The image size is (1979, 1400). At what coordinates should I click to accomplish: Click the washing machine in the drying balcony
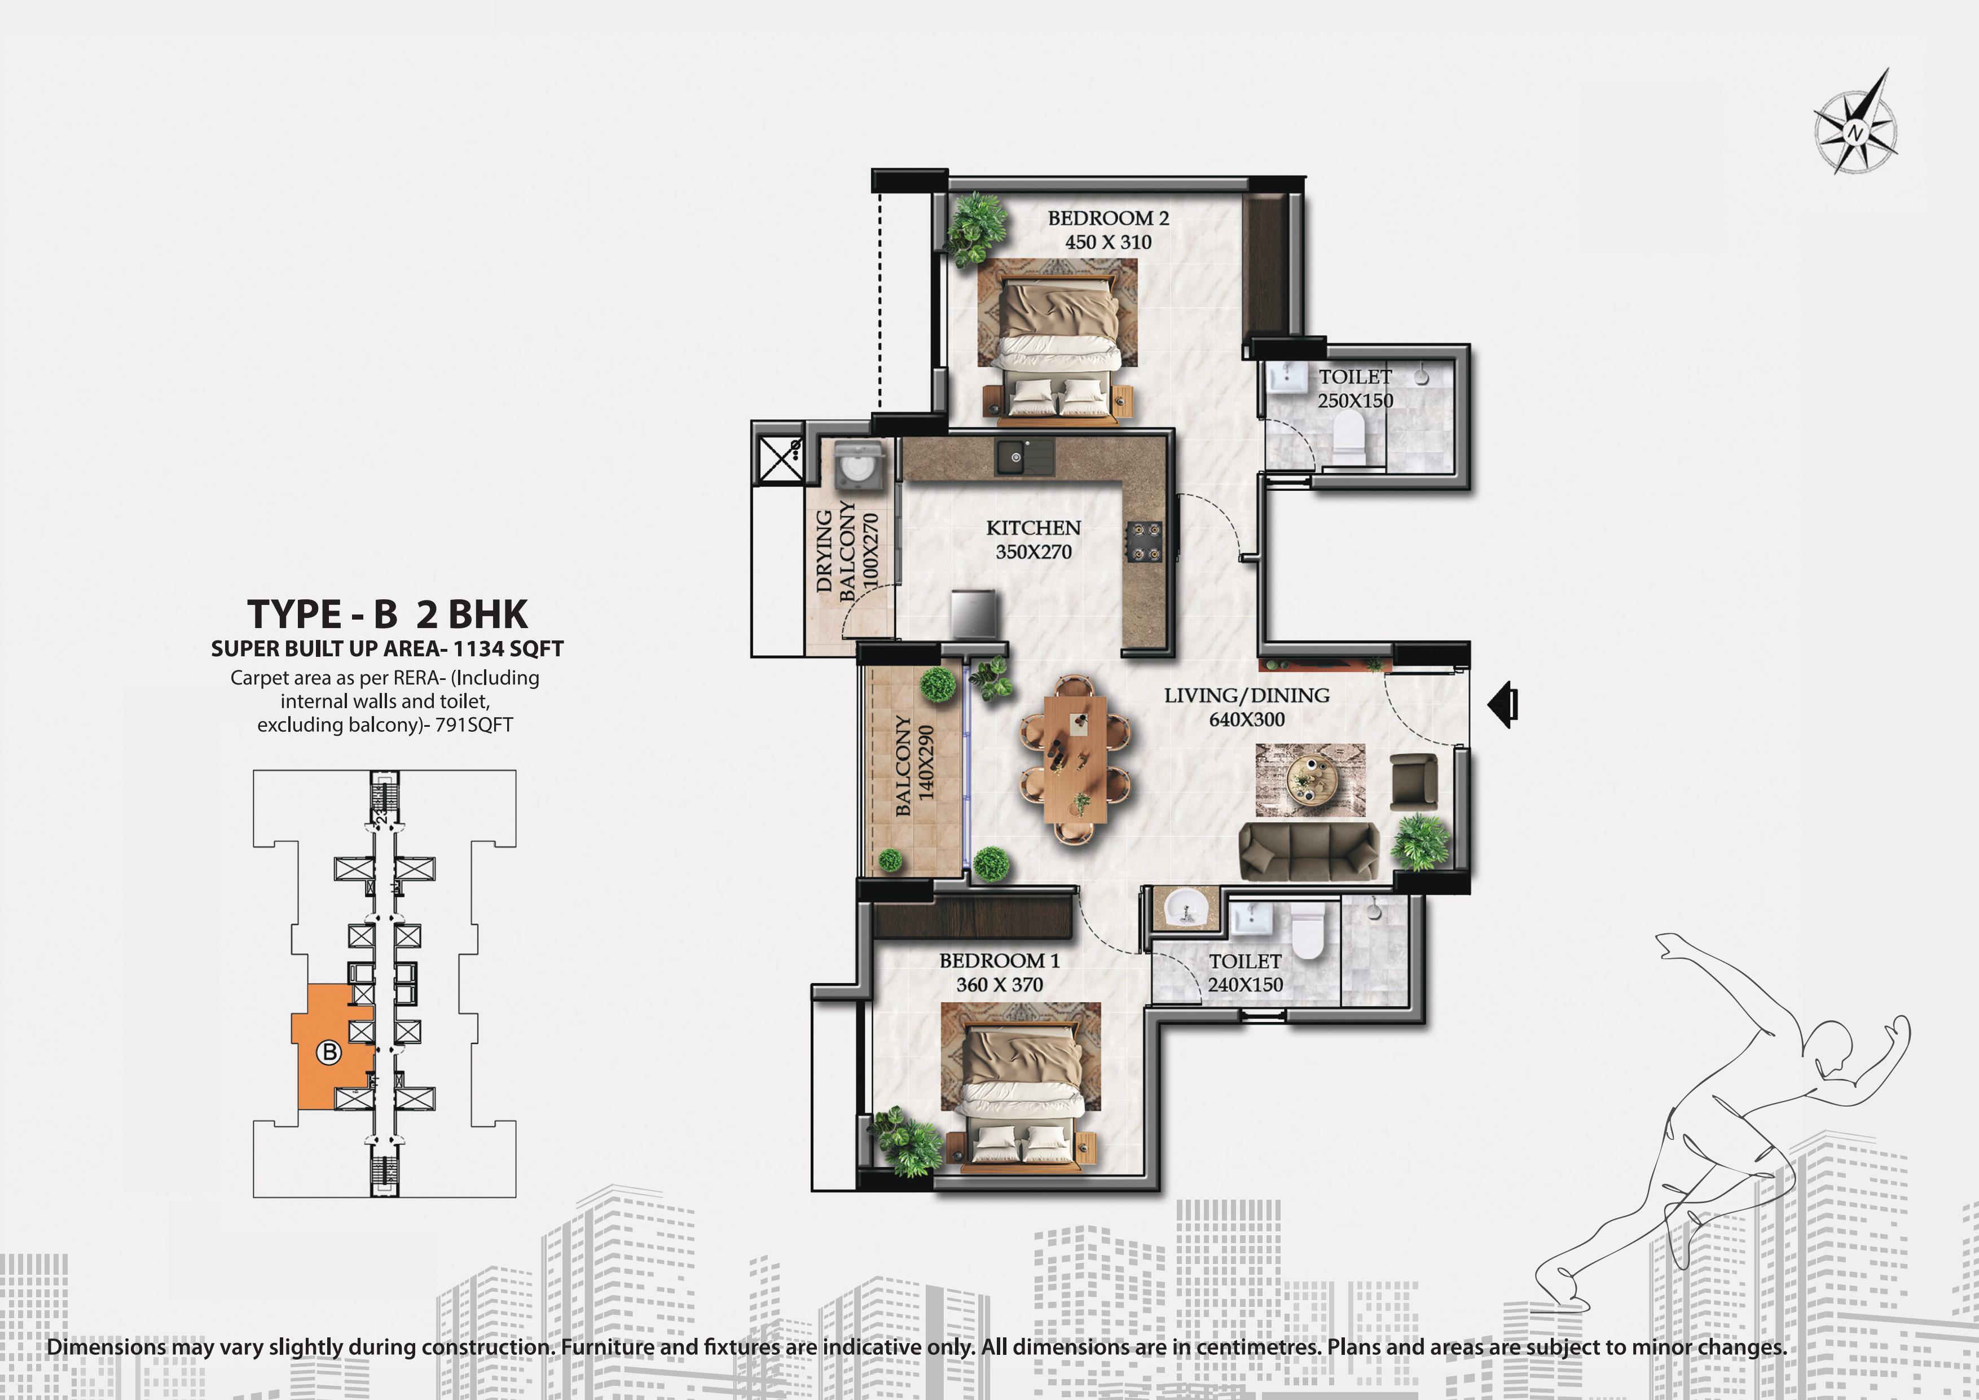click(857, 466)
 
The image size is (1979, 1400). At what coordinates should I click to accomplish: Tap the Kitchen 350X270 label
click(1034, 539)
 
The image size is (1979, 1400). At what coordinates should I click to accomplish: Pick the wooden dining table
click(1075, 758)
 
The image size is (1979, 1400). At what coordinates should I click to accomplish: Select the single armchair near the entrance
click(1414, 781)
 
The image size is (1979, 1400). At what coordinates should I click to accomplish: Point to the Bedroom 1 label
click(999, 960)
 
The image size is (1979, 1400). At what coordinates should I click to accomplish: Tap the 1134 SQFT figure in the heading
click(508, 649)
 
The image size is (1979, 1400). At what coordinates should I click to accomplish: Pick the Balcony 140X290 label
click(914, 765)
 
